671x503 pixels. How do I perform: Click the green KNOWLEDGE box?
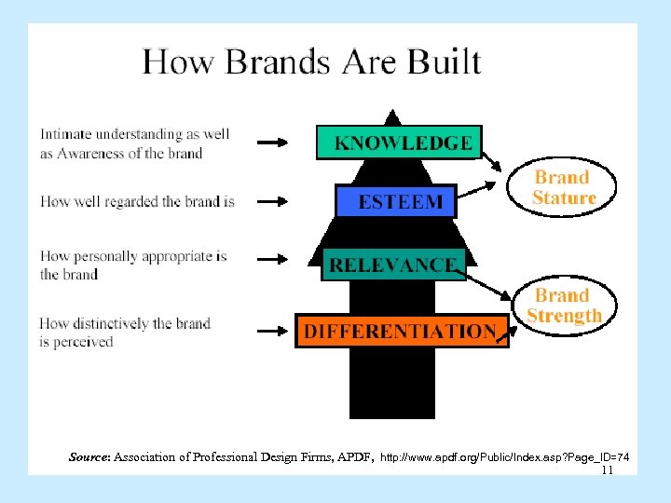click(399, 143)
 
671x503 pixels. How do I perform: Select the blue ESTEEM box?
click(395, 200)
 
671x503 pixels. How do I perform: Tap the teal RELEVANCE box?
click(392, 264)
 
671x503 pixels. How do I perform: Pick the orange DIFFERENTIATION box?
click(401, 331)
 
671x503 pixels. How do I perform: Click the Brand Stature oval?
click(563, 187)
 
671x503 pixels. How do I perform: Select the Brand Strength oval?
click(564, 306)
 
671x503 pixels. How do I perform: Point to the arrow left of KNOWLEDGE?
click(273, 143)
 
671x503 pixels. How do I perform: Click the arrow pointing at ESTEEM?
click(273, 200)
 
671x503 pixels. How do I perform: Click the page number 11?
click(607, 470)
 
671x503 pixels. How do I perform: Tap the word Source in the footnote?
click(89, 457)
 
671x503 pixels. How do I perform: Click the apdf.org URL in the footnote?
click(504, 457)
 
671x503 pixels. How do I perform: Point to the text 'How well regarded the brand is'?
click(137, 200)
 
